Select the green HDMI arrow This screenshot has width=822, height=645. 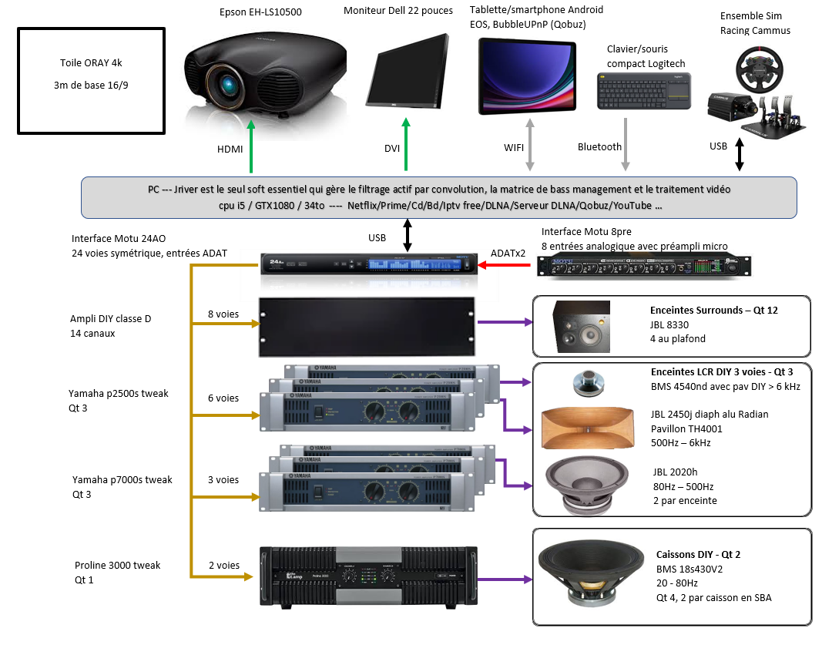pyautogui.click(x=251, y=146)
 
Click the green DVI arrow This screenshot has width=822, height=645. pyautogui.click(x=407, y=146)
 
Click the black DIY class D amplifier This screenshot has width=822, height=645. pyautogui.click(x=366, y=324)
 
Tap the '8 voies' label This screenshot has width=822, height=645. pyautogui.click(x=223, y=314)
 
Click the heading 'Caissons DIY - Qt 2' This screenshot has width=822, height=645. pyautogui.click(x=698, y=554)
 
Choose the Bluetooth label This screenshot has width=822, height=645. pyautogui.click(x=599, y=146)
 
